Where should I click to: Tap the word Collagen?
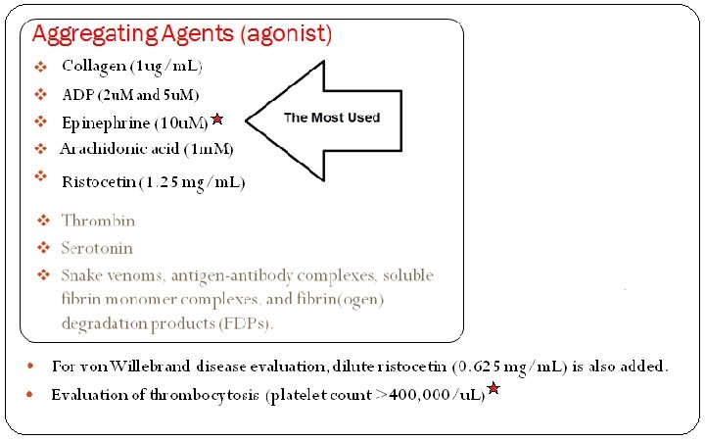(x=94, y=67)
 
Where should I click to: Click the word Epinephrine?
(x=106, y=123)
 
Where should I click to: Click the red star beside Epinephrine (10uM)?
(x=217, y=119)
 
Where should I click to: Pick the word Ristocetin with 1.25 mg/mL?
(x=98, y=181)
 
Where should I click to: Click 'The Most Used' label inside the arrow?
(x=332, y=118)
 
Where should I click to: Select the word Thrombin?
(x=98, y=221)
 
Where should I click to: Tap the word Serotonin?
(x=97, y=248)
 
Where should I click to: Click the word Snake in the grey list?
(x=82, y=275)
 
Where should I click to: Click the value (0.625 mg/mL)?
(x=508, y=367)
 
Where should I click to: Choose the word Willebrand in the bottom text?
(x=153, y=367)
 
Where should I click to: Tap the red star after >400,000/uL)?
(x=493, y=390)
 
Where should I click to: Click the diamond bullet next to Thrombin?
(x=43, y=220)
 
